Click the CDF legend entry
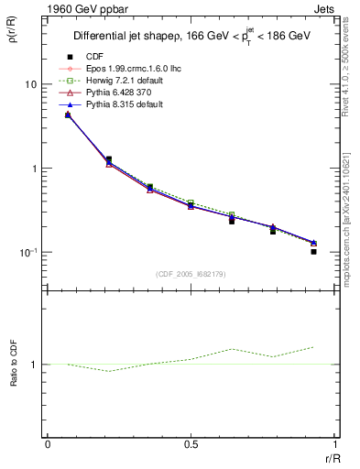click(x=93, y=57)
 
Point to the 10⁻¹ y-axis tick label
click(x=28, y=253)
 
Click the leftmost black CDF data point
click(x=68, y=115)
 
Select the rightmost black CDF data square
click(x=313, y=251)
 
